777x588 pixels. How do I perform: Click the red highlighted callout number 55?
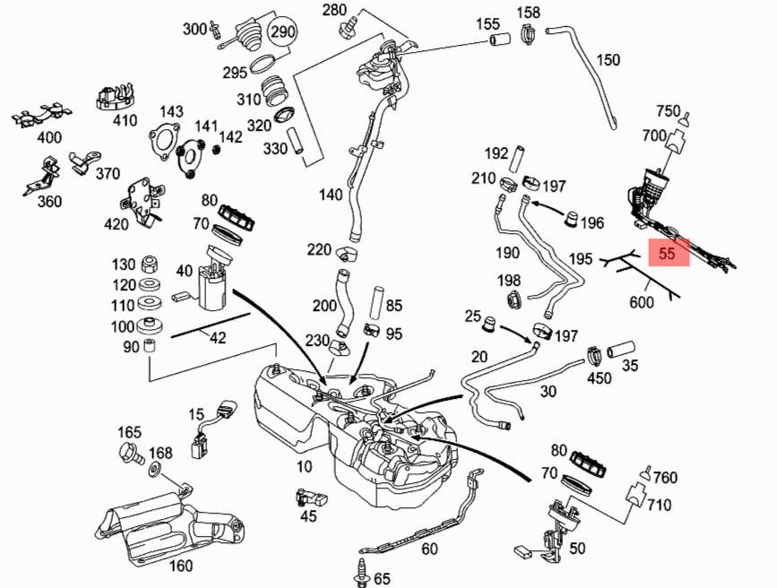pos(667,254)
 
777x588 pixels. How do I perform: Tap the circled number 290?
pos(283,31)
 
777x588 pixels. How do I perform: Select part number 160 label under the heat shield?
pos(181,565)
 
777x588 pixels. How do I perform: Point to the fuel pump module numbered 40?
pos(213,282)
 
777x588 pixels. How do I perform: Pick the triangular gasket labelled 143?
pos(162,143)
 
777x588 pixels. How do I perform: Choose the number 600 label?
pos(642,302)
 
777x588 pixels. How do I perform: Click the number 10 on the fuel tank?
pos(306,466)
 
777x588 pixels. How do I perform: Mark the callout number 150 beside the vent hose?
pos(608,60)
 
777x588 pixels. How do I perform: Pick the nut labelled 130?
pos(151,264)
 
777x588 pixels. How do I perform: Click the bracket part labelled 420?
pos(140,200)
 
